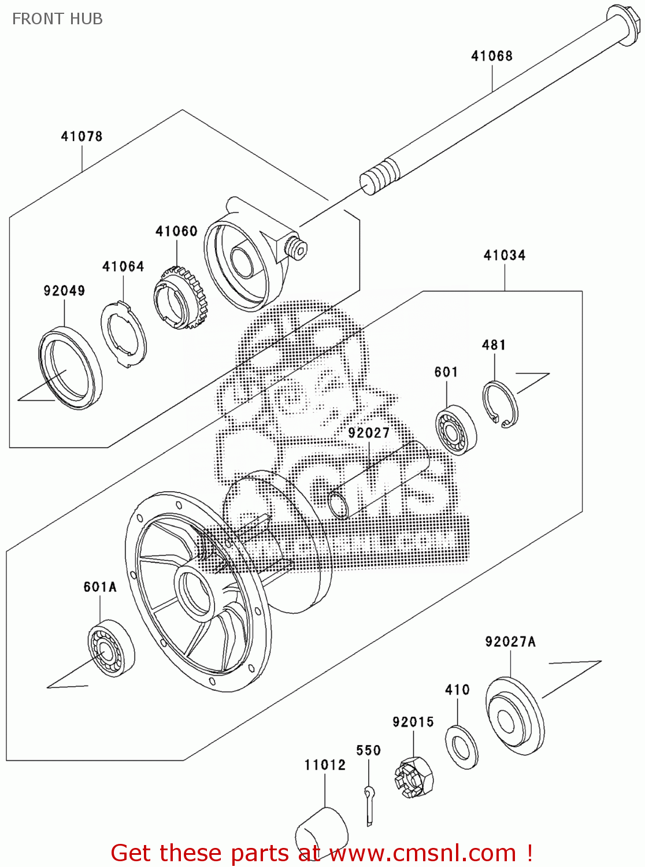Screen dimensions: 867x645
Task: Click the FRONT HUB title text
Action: point(57,19)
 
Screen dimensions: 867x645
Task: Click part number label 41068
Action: point(491,56)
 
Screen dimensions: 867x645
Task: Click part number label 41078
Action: point(81,136)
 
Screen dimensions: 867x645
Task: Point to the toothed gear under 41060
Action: point(180,297)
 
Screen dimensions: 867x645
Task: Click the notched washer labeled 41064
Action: point(124,334)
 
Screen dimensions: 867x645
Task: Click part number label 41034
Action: point(504,255)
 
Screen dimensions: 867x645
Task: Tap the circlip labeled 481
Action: point(501,404)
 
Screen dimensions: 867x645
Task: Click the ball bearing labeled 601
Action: point(455,430)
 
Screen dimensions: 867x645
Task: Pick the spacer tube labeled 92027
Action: point(379,480)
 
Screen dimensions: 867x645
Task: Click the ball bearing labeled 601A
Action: point(110,648)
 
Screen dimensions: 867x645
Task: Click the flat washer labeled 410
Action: point(461,747)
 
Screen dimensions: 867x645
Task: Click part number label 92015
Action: point(413,722)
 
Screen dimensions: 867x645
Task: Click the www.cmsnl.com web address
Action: point(422,854)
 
